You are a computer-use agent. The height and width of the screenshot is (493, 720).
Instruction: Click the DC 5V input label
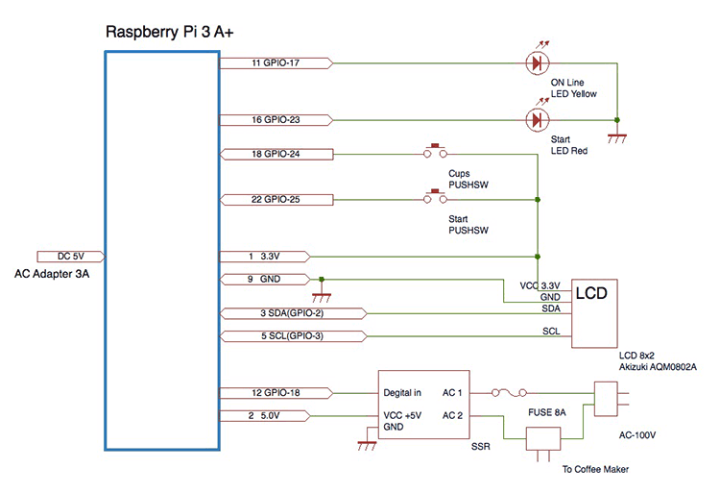[x=70, y=257]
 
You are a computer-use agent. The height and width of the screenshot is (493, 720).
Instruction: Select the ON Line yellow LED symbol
[x=536, y=63]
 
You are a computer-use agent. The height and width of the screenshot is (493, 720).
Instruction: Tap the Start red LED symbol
[x=536, y=120]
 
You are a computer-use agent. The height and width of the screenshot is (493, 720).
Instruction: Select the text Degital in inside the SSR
[x=403, y=393]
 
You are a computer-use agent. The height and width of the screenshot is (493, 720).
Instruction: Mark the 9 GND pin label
[x=265, y=280]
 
